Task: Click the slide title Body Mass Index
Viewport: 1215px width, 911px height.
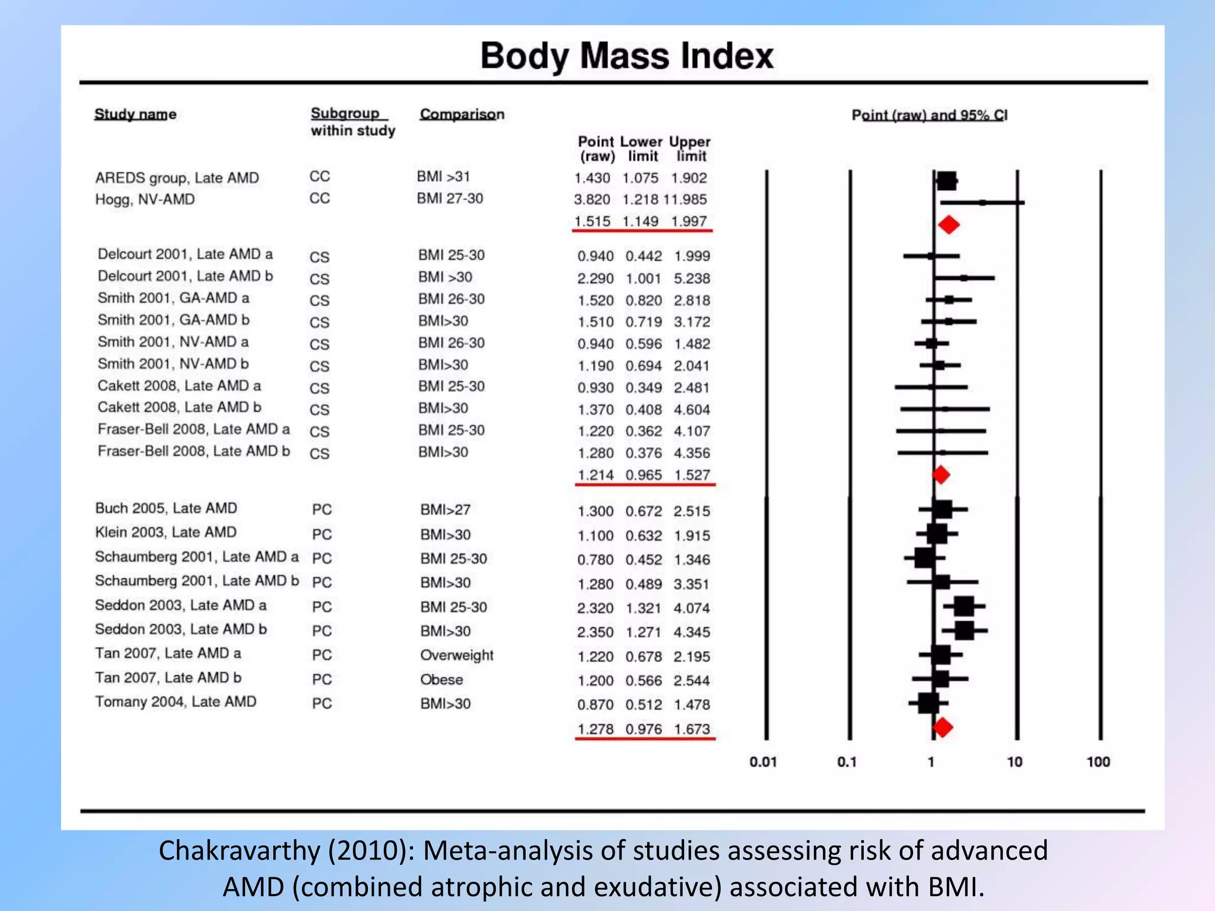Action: (626, 56)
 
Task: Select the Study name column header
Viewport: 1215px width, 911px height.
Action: (135, 114)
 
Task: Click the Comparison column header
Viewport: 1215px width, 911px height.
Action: (462, 114)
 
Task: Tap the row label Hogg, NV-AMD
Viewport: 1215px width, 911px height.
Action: (145, 199)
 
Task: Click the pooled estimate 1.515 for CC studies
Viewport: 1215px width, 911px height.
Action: (592, 221)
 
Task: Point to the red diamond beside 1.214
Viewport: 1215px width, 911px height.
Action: (941, 474)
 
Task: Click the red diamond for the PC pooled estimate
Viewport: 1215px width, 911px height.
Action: (942, 727)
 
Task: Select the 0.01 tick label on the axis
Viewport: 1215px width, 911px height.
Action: (763, 762)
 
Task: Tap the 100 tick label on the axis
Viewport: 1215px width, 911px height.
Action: (1098, 762)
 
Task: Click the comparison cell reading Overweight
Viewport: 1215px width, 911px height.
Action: (457, 655)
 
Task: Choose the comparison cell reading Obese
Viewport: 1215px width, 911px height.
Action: (441, 680)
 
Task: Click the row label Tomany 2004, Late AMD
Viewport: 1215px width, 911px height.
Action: (176, 702)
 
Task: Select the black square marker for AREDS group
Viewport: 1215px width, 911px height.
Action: (947, 181)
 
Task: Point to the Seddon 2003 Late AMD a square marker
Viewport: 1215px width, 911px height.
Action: (964, 606)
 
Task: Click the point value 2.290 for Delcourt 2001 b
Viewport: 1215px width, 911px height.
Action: (595, 278)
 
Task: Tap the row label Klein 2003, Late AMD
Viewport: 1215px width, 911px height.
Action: (166, 532)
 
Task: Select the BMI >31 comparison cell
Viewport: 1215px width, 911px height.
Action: (443, 177)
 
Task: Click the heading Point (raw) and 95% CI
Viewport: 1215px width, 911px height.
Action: (929, 115)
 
